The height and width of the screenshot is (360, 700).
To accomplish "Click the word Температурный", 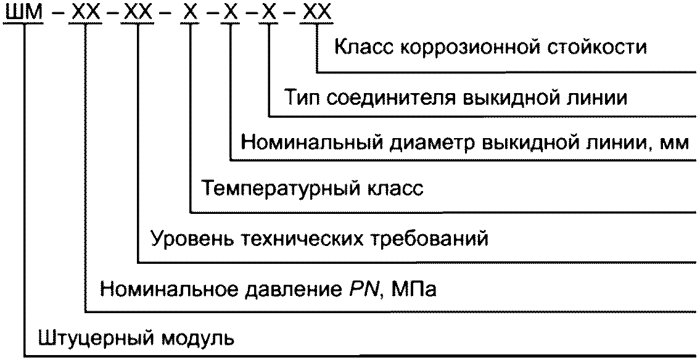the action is tap(279, 188).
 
